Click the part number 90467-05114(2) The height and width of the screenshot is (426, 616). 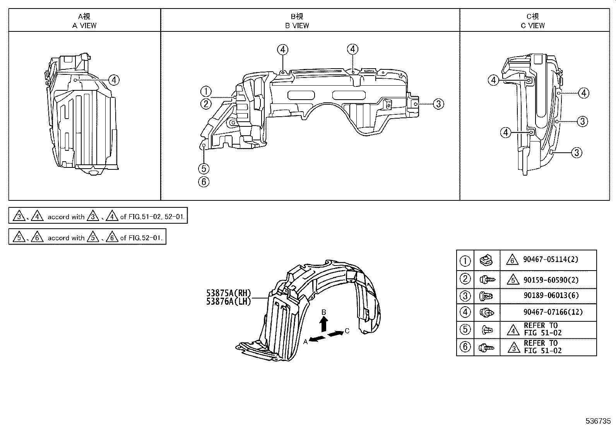[550, 260]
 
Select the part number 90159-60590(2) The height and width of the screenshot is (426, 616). [550, 280]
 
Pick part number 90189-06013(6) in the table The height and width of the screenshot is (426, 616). [551, 296]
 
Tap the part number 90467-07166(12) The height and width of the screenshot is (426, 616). [553, 312]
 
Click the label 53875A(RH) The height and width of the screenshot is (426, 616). [229, 293]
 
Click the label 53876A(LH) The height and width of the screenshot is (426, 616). [229, 301]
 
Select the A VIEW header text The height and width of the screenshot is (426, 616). [84, 26]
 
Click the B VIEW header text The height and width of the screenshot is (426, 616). [297, 26]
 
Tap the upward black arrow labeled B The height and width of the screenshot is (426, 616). [324, 323]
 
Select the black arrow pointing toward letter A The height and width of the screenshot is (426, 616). [317, 339]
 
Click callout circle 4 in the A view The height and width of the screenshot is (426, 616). [114, 80]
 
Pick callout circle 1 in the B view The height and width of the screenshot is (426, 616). [206, 92]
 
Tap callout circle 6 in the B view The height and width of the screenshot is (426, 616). [204, 181]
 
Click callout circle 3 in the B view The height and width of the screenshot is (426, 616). [438, 104]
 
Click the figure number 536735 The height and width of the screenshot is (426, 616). [597, 421]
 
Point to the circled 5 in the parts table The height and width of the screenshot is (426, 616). [465, 329]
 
